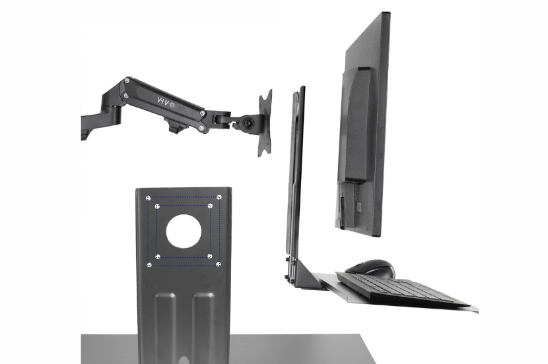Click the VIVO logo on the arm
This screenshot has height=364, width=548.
coord(166,102)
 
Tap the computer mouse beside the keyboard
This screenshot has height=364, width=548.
coord(370,268)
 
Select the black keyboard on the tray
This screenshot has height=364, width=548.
coord(403,287)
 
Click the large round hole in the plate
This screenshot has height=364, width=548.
coord(184,231)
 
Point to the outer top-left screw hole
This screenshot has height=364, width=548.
coord(148,198)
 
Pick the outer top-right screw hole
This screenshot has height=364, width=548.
coord(219,197)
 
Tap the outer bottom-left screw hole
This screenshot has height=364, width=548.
coord(149,265)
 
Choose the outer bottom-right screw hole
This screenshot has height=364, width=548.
coord(219,264)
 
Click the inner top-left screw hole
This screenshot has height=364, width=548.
coord(157,206)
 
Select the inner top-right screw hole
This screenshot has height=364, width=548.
coord(211,206)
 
